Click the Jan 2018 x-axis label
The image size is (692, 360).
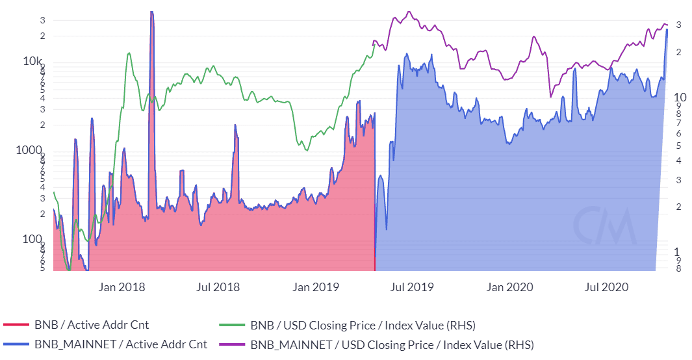click(123, 287)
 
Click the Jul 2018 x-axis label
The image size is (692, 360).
click(218, 287)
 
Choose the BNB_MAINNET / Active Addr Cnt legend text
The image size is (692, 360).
click(120, 344)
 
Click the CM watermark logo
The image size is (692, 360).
click(604, 225)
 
